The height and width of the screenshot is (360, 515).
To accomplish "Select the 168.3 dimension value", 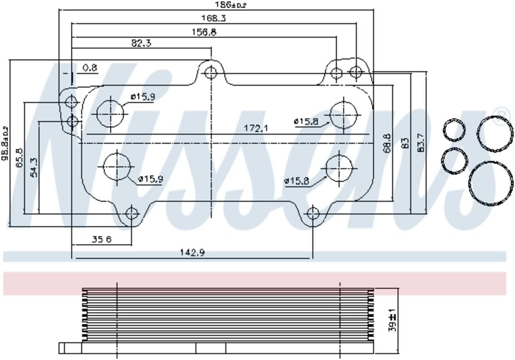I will [x=214, y=19].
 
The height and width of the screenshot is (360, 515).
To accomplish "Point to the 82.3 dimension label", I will [x=141, y=43].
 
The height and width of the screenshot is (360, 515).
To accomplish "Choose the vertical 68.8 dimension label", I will [x=387, y=143].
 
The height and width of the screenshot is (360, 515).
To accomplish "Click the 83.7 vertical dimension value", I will [x=422, y=143].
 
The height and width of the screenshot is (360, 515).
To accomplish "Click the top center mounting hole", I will [x=211, y=72].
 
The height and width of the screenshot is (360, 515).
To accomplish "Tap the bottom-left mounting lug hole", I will [x=131, y=213].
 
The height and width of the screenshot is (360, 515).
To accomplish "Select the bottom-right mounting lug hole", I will [x=313, y=213].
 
